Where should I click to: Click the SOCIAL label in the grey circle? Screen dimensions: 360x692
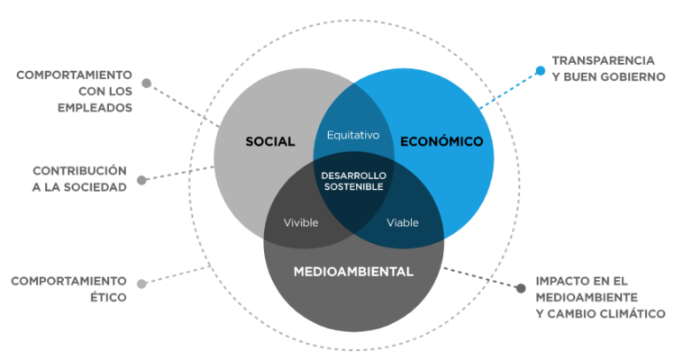[270, 141]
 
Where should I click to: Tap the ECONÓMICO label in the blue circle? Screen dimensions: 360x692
[442, 141]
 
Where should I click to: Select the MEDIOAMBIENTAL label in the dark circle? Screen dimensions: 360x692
[353, 271]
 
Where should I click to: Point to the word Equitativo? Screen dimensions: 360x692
[353, 135]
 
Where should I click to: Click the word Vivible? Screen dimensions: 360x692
[301, 222]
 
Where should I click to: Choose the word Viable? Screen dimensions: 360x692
[403, 222]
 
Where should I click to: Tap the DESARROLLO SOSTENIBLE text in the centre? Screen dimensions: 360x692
[353, 179]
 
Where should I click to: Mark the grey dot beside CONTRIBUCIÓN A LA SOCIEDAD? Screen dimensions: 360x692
[146, 179]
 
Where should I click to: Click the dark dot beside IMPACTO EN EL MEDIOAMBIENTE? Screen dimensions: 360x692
[520, 289]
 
